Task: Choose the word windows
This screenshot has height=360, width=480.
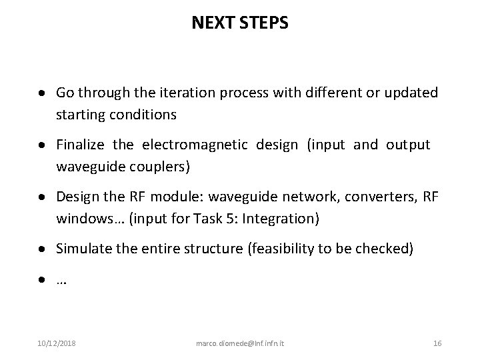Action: [x=83, y=219]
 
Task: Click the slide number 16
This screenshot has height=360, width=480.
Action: [x=437, y=343]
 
